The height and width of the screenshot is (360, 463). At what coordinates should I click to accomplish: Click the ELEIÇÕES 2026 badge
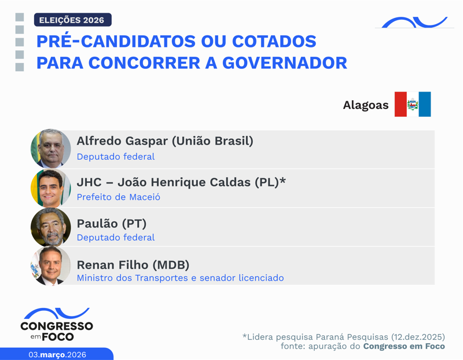point(72,20)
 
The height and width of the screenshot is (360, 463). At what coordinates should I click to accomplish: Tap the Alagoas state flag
point(413,104)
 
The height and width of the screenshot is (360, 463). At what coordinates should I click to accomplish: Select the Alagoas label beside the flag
point(365,105)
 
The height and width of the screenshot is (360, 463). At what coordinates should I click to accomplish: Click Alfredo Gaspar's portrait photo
point(51,149)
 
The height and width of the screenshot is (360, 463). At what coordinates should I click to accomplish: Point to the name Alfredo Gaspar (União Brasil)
point(165,141)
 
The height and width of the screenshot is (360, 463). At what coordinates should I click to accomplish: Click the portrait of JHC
point(51,189)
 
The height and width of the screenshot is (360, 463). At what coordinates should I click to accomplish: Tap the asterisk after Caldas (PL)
point(282,180)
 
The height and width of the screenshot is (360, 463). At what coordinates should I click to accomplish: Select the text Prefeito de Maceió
point(118,197)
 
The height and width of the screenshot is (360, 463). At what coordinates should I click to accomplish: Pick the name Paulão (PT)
point(111,223)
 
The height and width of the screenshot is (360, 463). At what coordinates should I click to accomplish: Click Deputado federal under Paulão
point(115,238)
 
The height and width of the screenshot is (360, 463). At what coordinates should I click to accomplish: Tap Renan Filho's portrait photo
point(51,267)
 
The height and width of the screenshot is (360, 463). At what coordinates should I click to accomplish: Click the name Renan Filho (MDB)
point(133,265)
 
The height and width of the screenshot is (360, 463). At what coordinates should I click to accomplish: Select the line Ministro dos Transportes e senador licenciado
point(180,278)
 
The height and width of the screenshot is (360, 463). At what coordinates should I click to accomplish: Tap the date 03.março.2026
point(57,354)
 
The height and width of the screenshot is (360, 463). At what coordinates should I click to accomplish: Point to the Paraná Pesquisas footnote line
point(343,337)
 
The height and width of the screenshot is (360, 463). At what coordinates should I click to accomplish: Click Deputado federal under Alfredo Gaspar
point(115,157)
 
